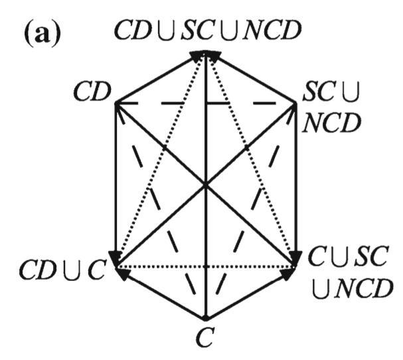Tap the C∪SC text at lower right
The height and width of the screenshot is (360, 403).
tap(345, 256)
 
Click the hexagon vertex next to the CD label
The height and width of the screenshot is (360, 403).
tap(116, 104)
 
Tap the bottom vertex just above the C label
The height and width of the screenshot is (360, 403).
tap(206, 317)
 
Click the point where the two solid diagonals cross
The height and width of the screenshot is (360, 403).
tap(206, 186)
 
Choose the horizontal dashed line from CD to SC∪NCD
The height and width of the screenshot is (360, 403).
tap(206, 104)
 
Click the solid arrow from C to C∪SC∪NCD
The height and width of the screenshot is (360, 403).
tap(251, 294)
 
